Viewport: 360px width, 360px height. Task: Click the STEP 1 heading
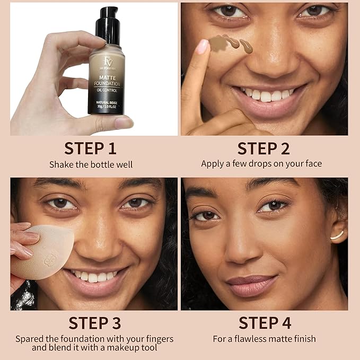[x=90, y=148]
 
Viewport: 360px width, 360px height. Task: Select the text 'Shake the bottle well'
[x=90, y=164]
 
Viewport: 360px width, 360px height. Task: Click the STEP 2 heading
[x=264, y=148]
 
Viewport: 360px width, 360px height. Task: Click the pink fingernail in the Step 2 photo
[x=203, y=47]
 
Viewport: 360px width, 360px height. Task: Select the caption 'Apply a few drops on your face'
[x=261, y=164]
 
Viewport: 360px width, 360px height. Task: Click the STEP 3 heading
[x=94, y=323]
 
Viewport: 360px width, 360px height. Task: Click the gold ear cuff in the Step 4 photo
[x=337, y=235]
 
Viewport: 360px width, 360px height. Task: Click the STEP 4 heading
[x=265, y=323]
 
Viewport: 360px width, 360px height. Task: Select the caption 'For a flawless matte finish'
[x=265, y=338]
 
